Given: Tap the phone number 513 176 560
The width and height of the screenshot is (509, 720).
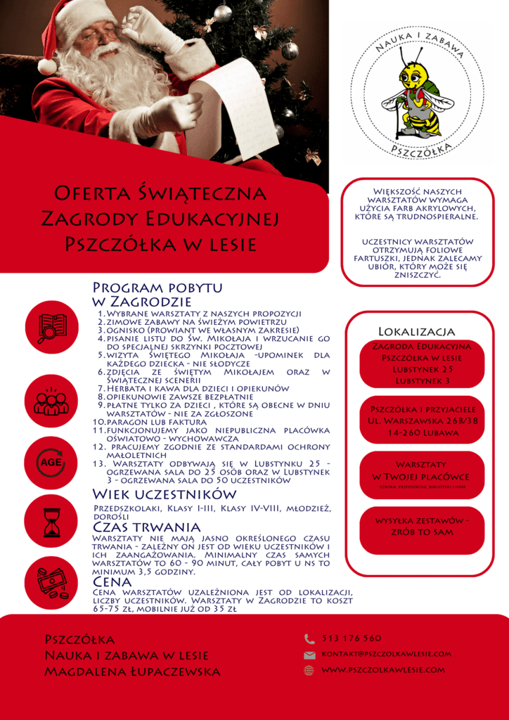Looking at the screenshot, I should point(351,638).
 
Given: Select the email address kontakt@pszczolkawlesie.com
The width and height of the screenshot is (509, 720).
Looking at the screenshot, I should point(386,654).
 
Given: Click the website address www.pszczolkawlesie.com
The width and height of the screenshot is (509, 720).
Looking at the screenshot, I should point(383,670).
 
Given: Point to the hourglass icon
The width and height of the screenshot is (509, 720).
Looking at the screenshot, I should point(51,523).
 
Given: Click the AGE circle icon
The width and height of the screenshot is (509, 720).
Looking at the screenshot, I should point(51,463).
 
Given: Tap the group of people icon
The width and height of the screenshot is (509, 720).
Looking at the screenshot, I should point(51,401).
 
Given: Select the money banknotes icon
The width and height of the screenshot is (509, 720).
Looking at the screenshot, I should point(51,582).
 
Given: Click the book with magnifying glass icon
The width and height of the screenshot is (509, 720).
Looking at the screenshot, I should point(51,328).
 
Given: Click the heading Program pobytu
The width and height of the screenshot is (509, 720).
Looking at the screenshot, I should point(157,288).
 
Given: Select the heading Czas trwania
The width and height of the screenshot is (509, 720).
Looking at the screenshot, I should point(146,527).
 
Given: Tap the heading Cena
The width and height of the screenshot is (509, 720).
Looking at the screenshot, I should point(112,582).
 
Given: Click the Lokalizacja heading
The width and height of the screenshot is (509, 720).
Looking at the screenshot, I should point(416,331).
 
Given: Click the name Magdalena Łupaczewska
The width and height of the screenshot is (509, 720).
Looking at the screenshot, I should point(132,672).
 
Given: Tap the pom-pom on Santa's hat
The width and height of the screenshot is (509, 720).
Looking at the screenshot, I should point(46,66).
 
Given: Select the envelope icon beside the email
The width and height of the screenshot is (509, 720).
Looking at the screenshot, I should point(309,655).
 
